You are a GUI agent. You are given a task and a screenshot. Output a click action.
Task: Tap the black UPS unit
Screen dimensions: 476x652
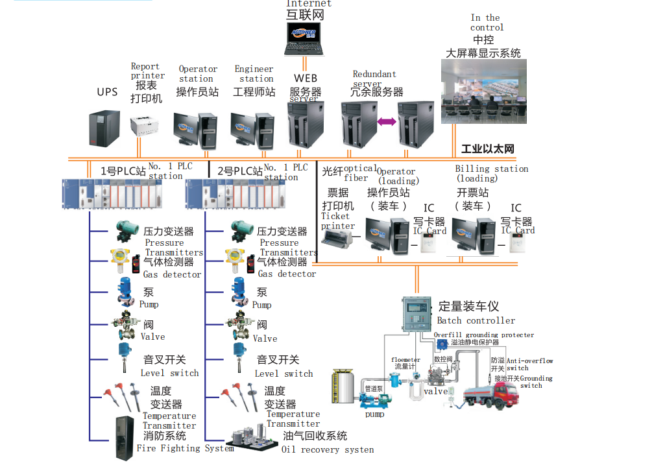click(x=105, y=128)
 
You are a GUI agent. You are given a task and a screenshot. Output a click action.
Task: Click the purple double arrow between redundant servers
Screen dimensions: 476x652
click(x=387, y=122)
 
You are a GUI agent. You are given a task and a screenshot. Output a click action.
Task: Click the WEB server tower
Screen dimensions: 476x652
click(x=306, y=126)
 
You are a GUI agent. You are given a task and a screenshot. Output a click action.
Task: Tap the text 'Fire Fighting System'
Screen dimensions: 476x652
click(x=185, y=448)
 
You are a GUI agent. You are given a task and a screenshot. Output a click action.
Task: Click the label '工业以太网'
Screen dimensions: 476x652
click(x=487, y=149)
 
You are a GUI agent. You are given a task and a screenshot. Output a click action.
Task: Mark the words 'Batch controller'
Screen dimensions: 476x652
click(x=476, y=320)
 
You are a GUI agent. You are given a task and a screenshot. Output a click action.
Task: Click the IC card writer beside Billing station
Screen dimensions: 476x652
click(x=516, y=243)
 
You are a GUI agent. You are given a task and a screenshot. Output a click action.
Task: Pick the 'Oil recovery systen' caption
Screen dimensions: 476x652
click(x=327, y=449)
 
